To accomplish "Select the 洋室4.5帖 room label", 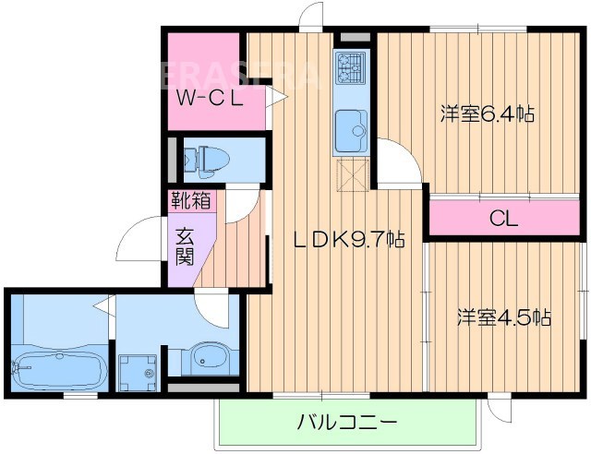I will pyautogui.click(x=504, y=318).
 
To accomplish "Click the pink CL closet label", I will pyautogui.click(x=503, y=220).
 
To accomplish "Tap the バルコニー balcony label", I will pyautogui.click(x=346, y=424).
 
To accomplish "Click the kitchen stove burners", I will pyautogui.click(x=351, y=66).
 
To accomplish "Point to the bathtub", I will pyautogui.click(x=57, y=371).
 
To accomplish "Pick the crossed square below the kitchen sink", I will pyautogui.click(x=351, y=173).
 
